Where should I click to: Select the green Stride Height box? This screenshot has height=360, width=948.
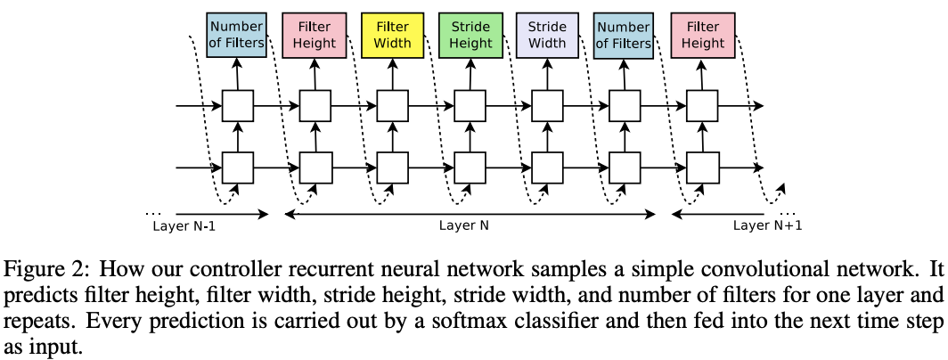470,35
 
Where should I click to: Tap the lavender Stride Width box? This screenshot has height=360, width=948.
547,35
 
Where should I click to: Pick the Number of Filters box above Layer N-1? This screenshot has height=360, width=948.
237,35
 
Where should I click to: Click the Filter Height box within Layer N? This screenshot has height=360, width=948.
315,35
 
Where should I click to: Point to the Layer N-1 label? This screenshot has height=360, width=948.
184,226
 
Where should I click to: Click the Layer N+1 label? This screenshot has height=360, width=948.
768,226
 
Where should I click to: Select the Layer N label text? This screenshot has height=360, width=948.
463,226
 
